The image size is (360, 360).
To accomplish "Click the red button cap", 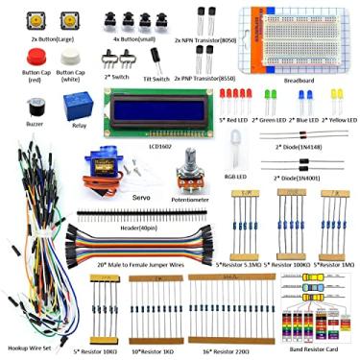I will click(x=27, y=57).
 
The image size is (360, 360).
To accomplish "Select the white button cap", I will click(x=69, y=58).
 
